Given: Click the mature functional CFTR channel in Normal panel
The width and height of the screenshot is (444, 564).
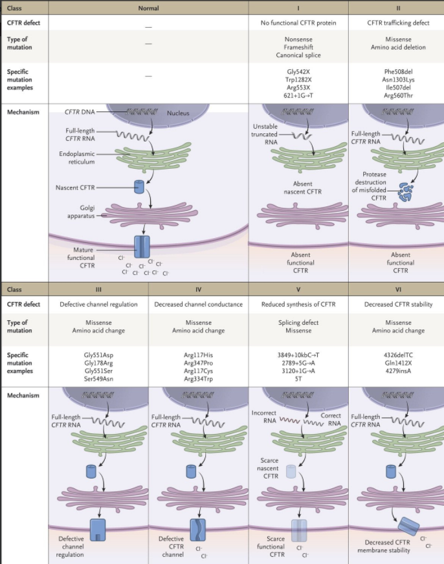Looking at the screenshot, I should click(x=142, y=248).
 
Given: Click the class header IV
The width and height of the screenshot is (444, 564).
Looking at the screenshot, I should click(x=199, y=289).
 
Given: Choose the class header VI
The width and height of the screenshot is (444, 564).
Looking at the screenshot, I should click(x=397, y=289).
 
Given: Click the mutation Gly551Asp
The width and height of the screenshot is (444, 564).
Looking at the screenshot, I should click(x=98, y=355).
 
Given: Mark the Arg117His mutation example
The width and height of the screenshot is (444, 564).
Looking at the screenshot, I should click(x=199, y=355).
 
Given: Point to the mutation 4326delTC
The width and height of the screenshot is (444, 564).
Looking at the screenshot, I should click(x=397, y=355).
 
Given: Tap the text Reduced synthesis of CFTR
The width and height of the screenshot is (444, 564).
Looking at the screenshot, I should click(x=298, y=305).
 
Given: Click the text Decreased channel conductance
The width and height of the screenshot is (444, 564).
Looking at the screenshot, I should click(x=199, y=305).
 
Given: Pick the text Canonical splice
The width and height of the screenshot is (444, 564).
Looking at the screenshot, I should click(x=298, y=55).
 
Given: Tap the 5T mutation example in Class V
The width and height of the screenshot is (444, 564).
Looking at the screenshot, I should click(x=298, y=380).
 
